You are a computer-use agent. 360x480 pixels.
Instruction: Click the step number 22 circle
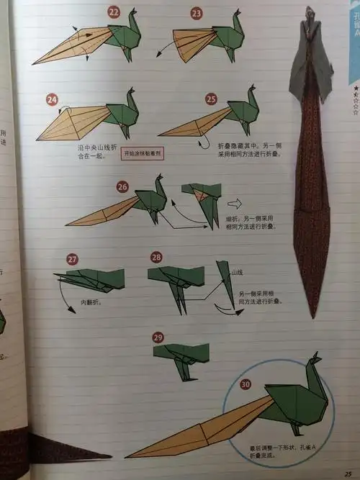tap(114, 12)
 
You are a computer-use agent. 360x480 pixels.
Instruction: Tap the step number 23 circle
tap(197, 13)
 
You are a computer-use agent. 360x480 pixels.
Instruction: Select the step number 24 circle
tap(52, 99)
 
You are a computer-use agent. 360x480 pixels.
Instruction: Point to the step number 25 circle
tap(211, 99)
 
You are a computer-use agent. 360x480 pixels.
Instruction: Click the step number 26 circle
tap(122, 187)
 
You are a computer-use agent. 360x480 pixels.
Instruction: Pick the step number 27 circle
tap(72, 259)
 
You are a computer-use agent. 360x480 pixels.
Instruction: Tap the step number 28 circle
tap(156, 258)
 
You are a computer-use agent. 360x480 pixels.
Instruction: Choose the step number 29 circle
tap(159, 337)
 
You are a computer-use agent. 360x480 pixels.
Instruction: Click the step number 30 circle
tap(246, 384)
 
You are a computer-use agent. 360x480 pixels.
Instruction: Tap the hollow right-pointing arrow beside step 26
tap(235, 202)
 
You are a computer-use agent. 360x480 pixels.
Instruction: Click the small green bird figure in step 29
tap(182, 357)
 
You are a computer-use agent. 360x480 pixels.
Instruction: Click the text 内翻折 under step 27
tap(89, 302)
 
